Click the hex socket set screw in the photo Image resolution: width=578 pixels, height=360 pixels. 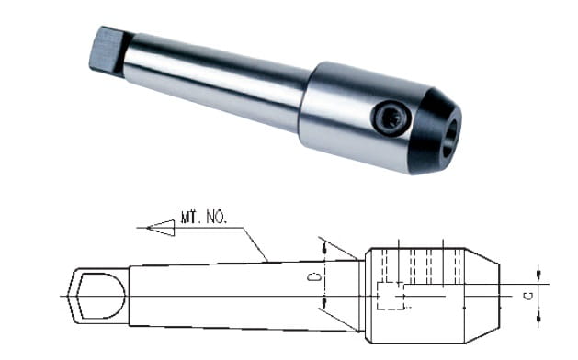[x=391, y=118]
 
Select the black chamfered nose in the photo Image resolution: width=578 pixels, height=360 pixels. [x=435, y=130]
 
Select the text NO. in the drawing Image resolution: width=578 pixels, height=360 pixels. [x=216, y=218]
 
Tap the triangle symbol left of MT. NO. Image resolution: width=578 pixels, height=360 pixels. [x=160, y=228]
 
